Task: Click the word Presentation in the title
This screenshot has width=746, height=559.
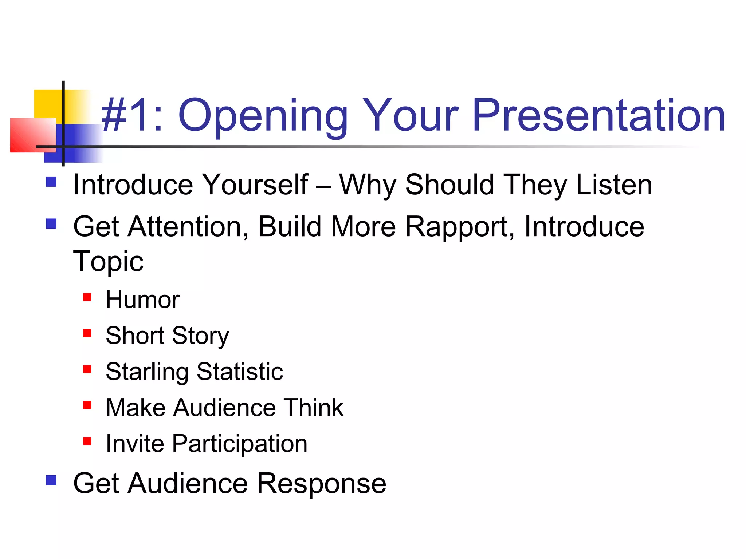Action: (x=598, y=116)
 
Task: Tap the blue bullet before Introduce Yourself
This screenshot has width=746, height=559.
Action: (x=51, y=182)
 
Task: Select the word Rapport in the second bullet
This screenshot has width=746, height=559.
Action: (x=460, y=227)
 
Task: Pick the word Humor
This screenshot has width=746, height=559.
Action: (x=142, y=300)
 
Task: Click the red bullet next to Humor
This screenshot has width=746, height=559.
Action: (x=87, y=297)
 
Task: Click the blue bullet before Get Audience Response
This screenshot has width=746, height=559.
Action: (x=51, y=480)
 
